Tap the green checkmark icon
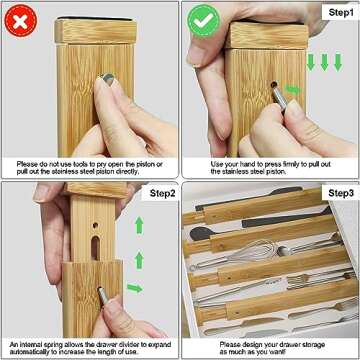coord(203,19)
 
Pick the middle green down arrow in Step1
coord(324,61)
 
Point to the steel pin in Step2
coord(104,294)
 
